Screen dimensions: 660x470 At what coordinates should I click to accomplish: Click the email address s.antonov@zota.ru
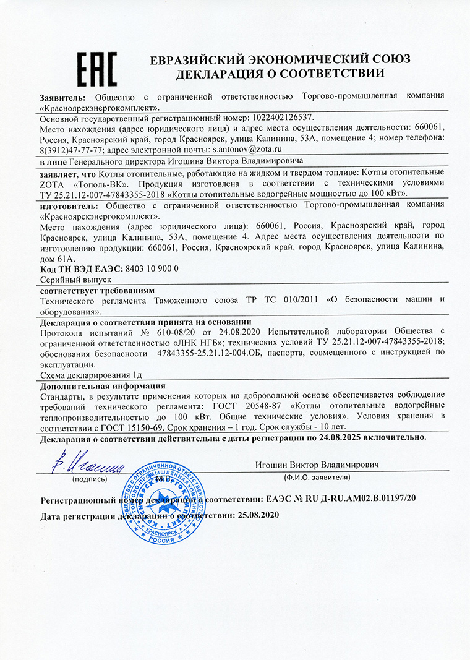[x=247, y=149]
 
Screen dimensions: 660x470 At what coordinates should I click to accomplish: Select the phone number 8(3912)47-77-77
[x=71, y=149]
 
